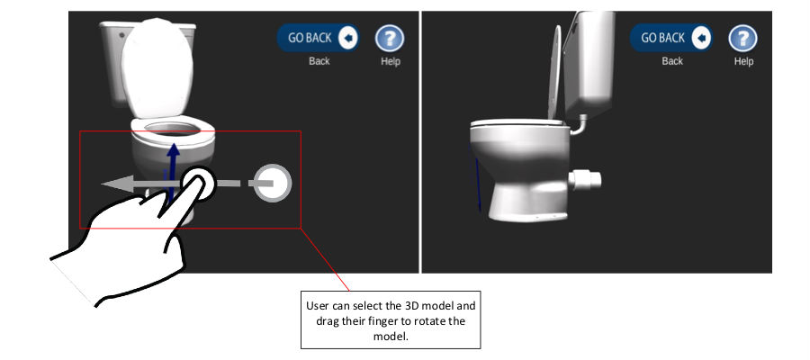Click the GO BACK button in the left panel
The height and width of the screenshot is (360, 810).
coord(319,38)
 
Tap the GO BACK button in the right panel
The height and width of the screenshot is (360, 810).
coord(671,38)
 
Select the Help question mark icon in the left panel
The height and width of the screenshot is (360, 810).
coord(390,38)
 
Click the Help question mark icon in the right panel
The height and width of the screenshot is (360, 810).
coord(742,38)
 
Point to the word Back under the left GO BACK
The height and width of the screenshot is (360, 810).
coord(319,61)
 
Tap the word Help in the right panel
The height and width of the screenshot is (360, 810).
coord(744,61)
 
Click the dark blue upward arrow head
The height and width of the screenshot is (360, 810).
coord(174,148)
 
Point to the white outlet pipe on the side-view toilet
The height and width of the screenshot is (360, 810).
coord(585,180)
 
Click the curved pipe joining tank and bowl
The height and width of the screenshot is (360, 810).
coord(580,126)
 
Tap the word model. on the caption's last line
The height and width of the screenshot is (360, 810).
coord(391,337)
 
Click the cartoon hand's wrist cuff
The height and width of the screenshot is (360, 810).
coord(72,279)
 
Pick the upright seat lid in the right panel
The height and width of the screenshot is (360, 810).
coord(554,72)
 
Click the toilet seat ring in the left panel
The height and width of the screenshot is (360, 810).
coord(173,131)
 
